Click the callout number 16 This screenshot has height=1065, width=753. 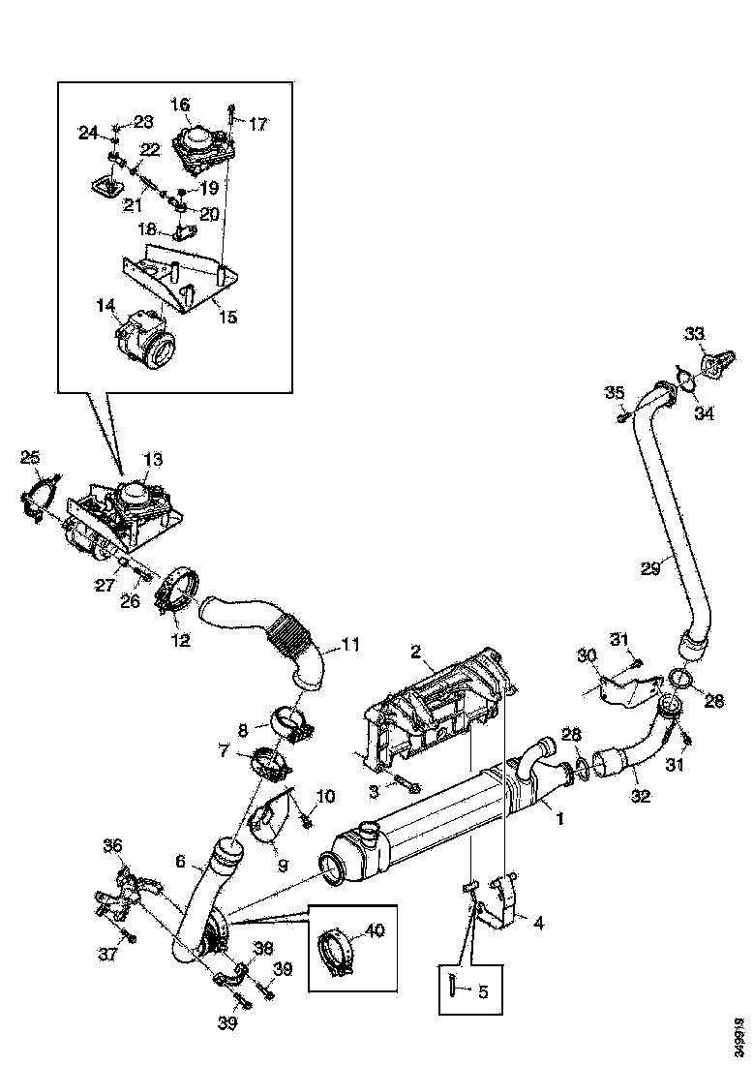tap(181, 104)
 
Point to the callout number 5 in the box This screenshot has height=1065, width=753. tap(481, 990)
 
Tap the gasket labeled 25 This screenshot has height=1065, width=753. tap(38, 496)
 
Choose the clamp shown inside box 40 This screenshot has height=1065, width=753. tap(335, 951)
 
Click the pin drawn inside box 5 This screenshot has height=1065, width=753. tap(453, 988)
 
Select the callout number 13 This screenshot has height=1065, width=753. tap(154, 458)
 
